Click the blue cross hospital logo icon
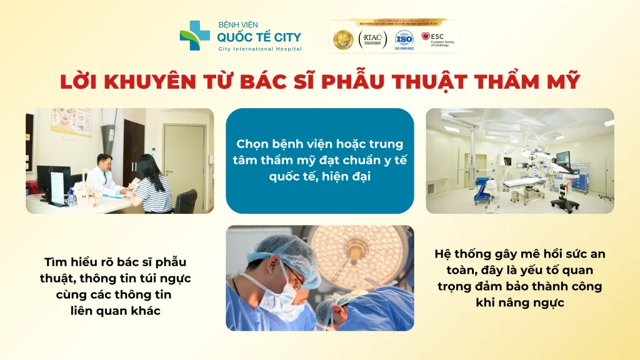195,36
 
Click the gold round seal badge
343,39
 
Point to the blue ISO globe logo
404,37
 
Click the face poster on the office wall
71,122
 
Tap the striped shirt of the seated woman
152,192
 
